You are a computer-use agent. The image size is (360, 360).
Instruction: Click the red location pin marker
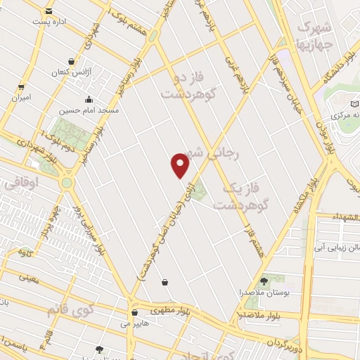click(x=181, y=165)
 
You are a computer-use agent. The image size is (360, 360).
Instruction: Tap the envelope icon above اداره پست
click(x=49, y=11)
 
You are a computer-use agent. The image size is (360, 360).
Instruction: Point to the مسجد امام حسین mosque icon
click(x=88, y=100)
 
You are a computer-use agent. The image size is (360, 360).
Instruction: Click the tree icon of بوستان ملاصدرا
click(x=264, y=280)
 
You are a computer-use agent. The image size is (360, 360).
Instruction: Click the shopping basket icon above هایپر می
click(x=134, y=312)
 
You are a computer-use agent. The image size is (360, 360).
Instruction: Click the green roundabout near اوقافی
click(x=67, y=183)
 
